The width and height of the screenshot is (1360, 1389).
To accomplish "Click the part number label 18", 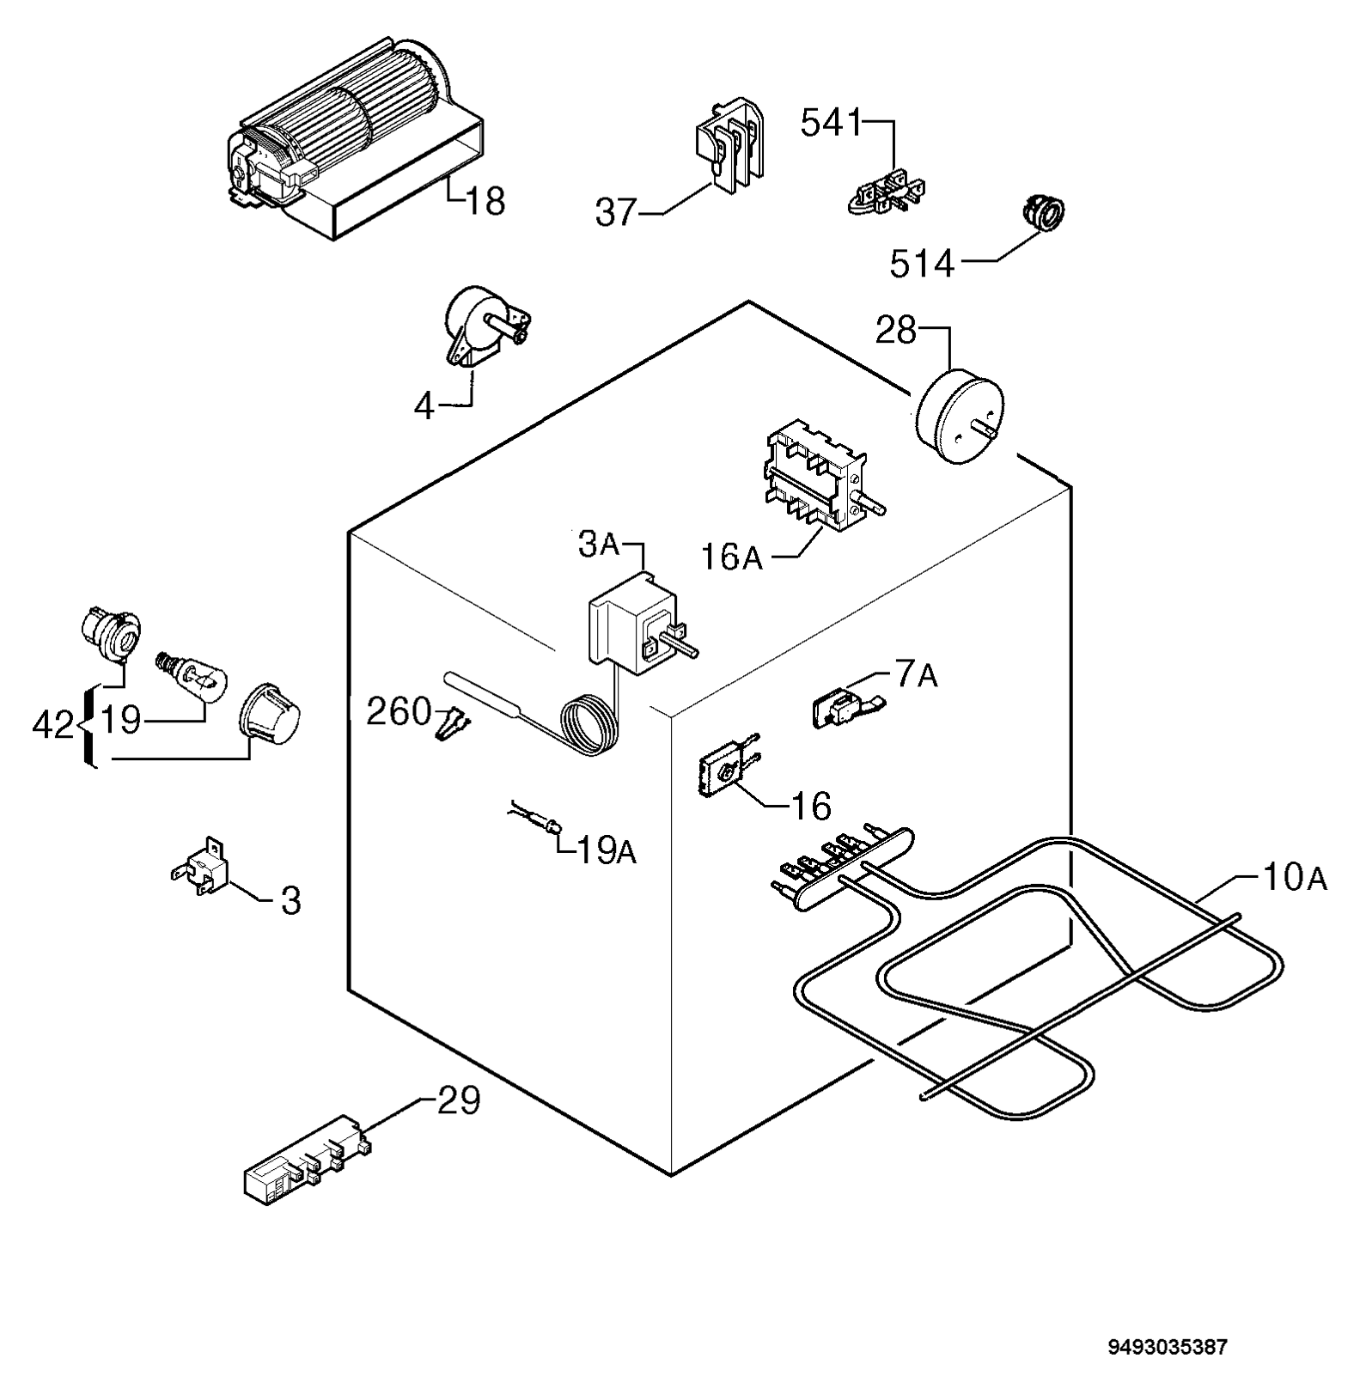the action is [x=485, y=202].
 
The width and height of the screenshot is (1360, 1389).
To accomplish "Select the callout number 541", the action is [x=831, y=124].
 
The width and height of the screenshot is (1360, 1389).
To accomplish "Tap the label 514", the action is [x=922, y=264].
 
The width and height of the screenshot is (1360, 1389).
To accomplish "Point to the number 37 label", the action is [x=616, y=212].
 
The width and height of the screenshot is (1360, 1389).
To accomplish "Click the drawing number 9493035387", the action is [x=1168, y=1346].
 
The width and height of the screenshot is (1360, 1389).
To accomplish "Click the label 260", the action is [x=399, y=711].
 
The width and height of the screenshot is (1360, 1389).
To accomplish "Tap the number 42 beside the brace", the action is [x=53, y=726].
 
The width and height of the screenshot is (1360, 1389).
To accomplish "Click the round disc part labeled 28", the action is [x=961, y=416].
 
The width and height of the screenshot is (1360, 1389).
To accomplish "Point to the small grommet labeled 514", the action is [x=1042, y=213].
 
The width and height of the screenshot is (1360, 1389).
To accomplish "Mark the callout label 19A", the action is [x=606, y=850].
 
